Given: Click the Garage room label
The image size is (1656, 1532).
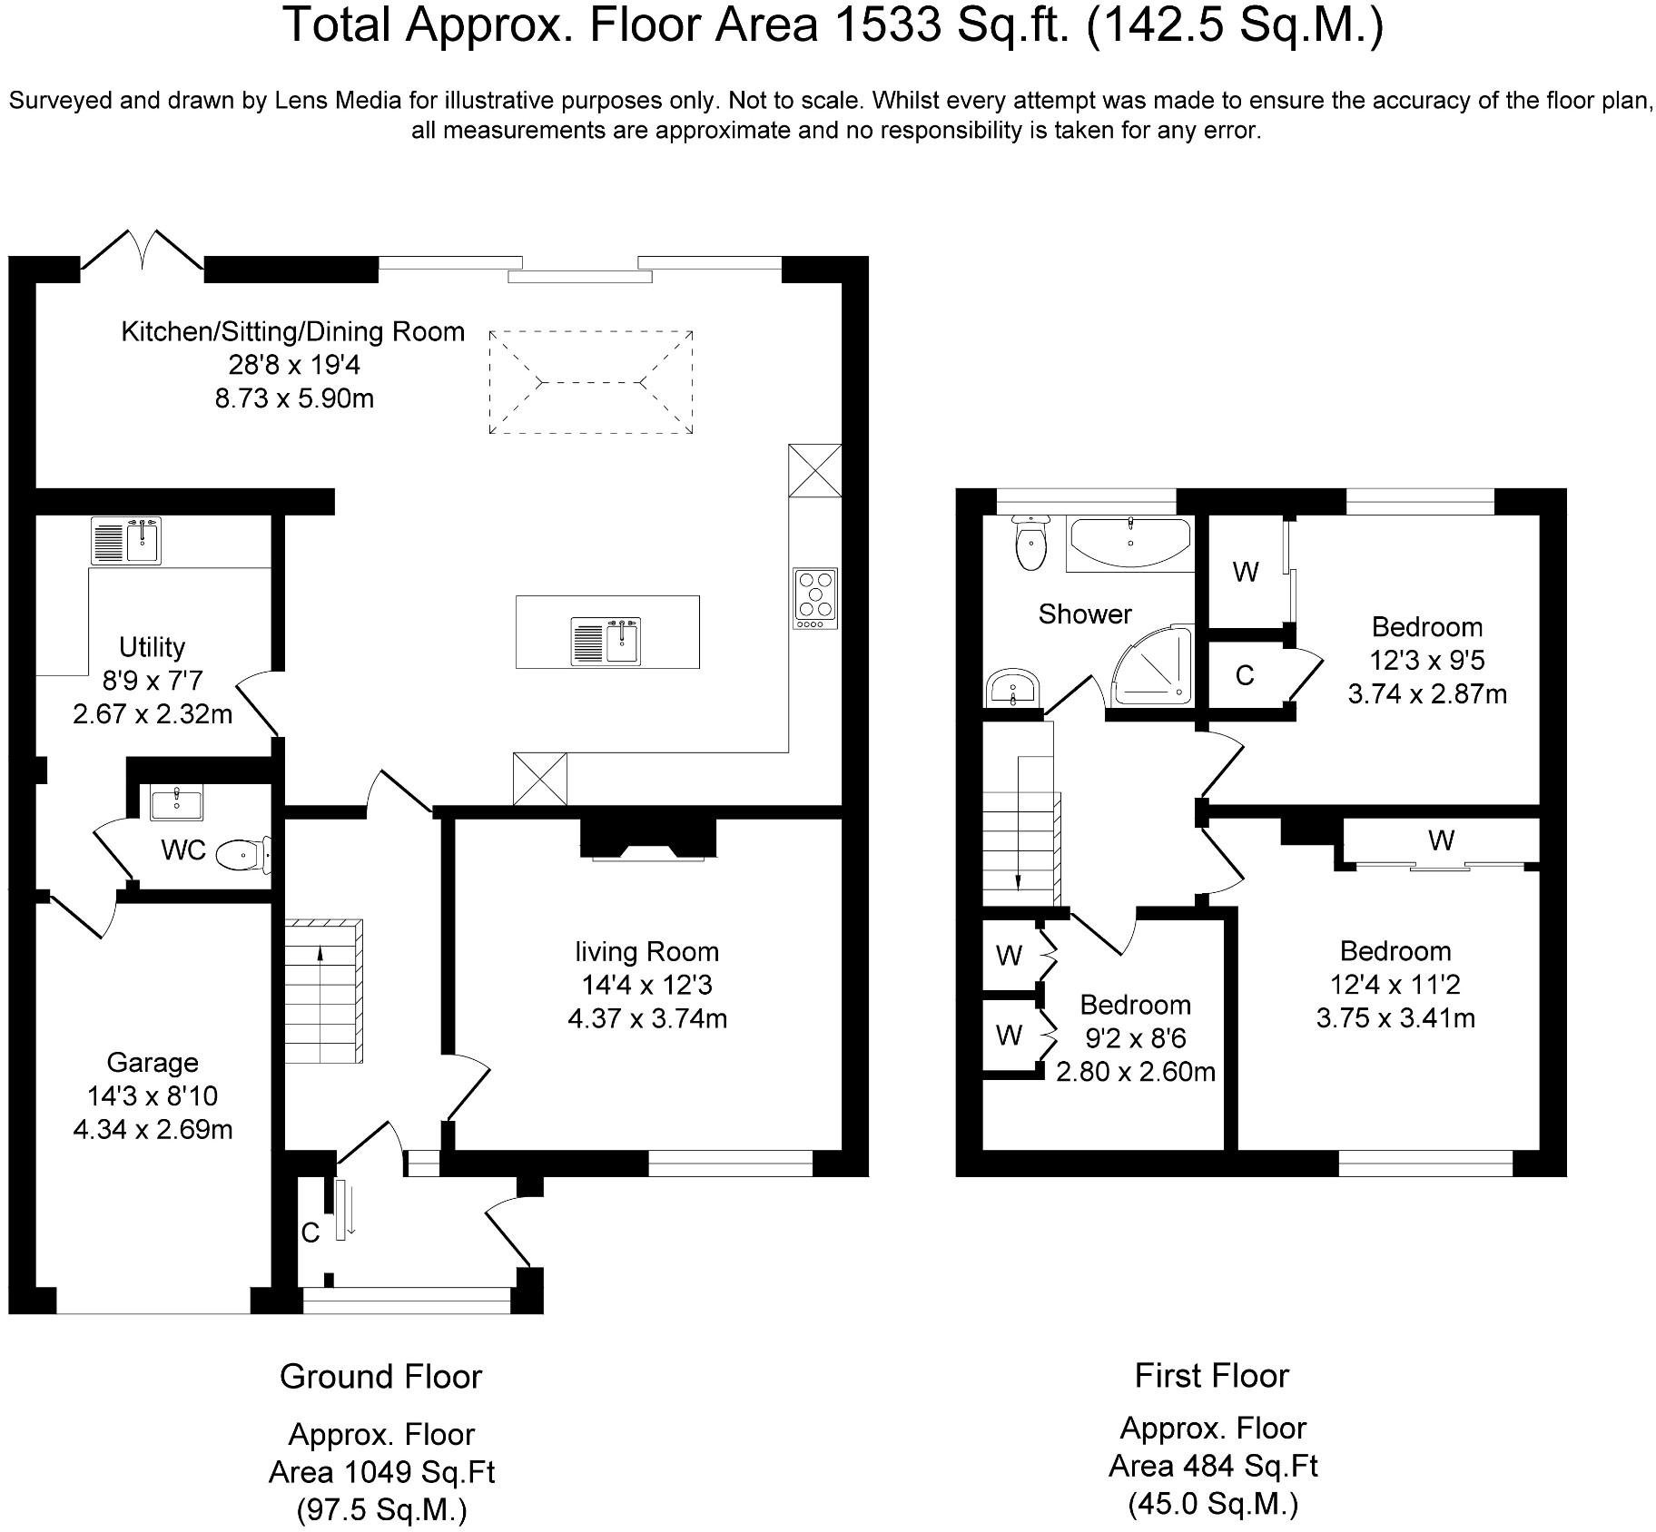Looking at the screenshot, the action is click(x=153, y=1063).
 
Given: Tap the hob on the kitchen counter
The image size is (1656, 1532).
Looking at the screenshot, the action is click(x=815, y=598).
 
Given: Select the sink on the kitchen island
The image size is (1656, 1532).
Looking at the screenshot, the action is click(x=606, y=640).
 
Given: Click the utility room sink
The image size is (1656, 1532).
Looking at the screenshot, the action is click(x=125, y=541).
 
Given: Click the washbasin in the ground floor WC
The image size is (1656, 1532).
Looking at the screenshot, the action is click(x=177, y=803).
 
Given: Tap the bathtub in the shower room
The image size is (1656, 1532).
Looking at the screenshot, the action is click(x=1129, y=543).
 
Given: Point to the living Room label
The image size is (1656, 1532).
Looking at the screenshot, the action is click(x=646, y=952).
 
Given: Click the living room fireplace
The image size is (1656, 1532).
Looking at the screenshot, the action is click(x=648, y=838).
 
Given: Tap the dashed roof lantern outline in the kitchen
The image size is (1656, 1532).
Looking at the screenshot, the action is click(x=591, y=382).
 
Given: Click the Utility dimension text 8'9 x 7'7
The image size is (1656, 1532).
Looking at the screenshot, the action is click(x=153, y=681).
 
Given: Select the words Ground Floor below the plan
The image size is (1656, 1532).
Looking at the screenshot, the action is click(x=380, y=1377).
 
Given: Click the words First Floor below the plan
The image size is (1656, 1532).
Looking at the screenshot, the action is click(x=1212, y=1376).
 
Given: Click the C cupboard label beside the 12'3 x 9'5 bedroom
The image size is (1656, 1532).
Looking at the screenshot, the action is click(x=1245, y=675).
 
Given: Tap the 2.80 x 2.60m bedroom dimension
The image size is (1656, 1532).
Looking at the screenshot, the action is click(x=1136, y=1072).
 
